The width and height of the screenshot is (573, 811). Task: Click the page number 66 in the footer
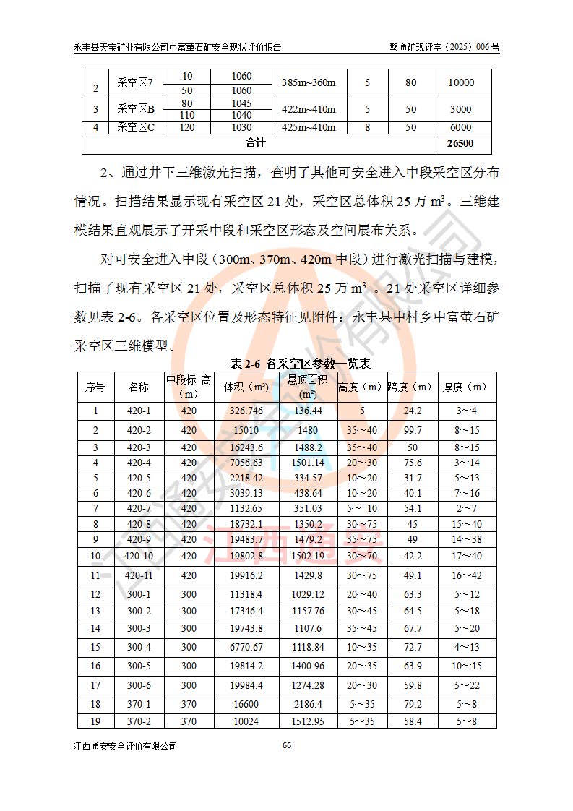pyautogui.click(x=287, y=746)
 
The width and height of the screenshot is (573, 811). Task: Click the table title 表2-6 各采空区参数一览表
pyautogui.click(x=300, y=363)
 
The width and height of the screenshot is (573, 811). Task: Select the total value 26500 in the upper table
pyautogui.click(x=460, y=143)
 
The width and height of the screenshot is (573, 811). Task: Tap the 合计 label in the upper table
pyautogui.click(x=256, y=143)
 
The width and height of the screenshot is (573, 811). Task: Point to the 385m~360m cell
pyautogui.click(x=309, y=82)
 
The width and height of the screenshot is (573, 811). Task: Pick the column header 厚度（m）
pyautogui.click(x=468, y=387)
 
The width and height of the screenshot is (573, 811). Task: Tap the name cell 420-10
pyautogui.click(x=139, y=556)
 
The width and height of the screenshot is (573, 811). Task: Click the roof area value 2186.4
pyautogui.click(x=308, y=703)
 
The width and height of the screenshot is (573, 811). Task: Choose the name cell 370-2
pyautogui.click(x=139, y=721)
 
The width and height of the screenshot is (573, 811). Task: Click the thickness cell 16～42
pyautogui.click(x=468, y=575)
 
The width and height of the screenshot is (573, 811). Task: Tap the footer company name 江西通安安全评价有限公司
pyautogui.click(x=126, y=746)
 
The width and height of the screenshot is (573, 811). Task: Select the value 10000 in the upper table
pyautogui.click(x=460, y=82)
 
